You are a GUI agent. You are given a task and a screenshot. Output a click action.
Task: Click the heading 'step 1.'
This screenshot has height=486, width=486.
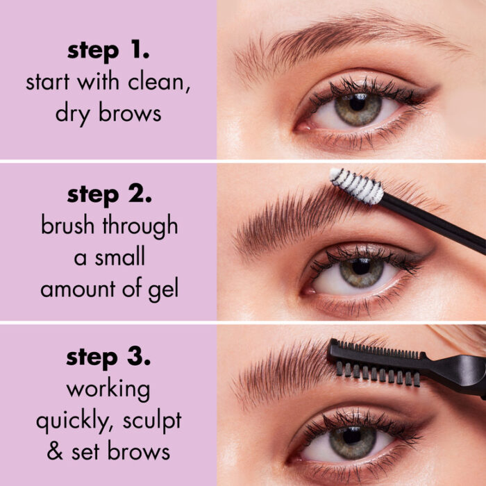[108, 51]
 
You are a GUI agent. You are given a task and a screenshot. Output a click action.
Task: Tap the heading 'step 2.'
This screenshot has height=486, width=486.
[108, 195]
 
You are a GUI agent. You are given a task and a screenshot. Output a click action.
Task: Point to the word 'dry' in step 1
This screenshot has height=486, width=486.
[72, 112]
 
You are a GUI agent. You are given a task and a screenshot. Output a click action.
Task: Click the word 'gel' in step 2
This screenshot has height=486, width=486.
[162, 287]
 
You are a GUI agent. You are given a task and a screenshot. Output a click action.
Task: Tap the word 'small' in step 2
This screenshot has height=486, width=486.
[122, 257]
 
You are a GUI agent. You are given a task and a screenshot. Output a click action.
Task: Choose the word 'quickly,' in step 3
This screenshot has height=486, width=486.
[76, 421]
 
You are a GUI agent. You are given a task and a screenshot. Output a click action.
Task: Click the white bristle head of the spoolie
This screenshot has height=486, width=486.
[355, 186]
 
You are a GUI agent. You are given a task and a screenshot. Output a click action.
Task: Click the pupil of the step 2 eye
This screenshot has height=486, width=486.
[361, 267]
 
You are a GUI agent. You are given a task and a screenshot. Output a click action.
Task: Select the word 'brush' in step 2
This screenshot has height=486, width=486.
[69, 226]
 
